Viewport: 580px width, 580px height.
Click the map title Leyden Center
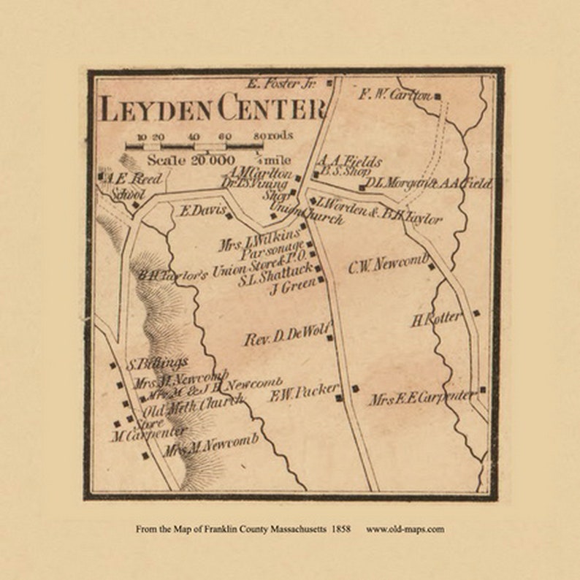[212, 110]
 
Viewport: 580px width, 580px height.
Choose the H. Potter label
[436, 318]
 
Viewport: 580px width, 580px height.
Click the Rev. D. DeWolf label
[287, 337]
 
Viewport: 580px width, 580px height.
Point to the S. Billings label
[157, 363]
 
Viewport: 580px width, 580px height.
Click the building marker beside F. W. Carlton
[437, 96]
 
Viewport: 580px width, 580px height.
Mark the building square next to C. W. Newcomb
[431, 266]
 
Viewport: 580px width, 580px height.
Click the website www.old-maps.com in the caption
[405, 529]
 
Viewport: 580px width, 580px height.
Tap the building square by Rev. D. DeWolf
[329, 337]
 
